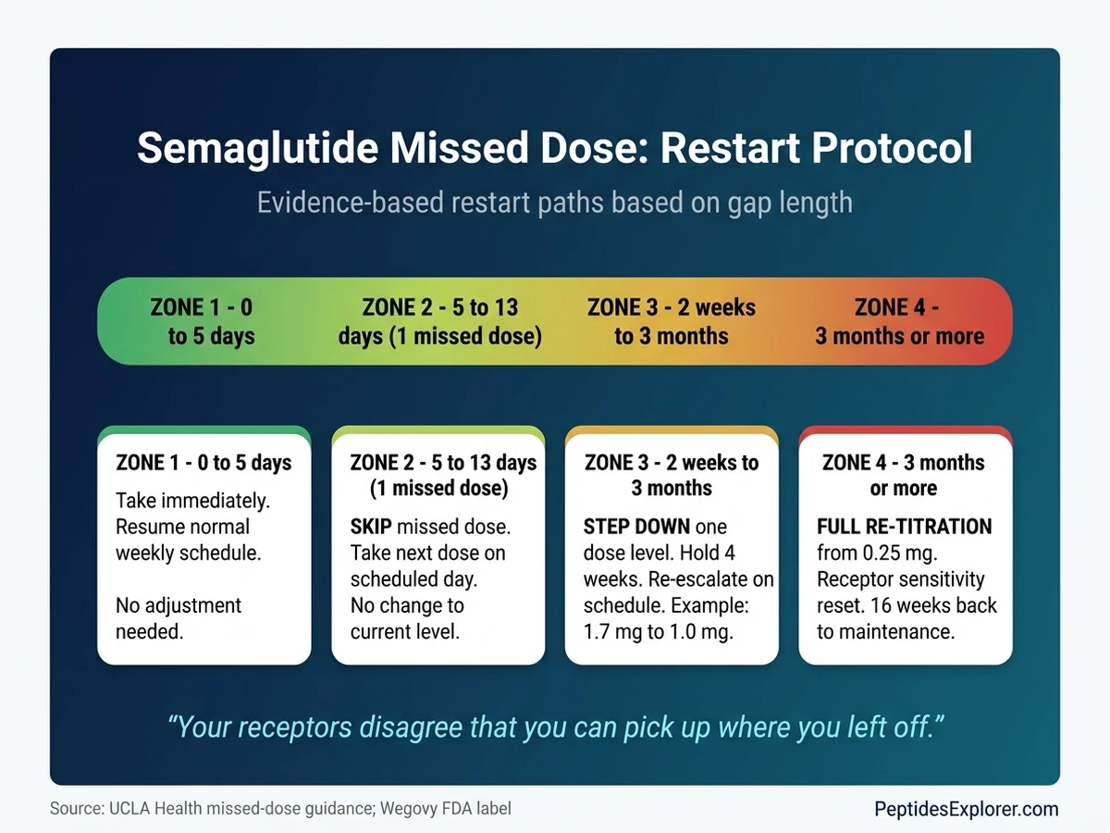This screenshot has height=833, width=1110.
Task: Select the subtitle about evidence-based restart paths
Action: pyautogui.click(x=554, y=202)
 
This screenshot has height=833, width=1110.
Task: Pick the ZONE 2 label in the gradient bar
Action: pyautogui.click(x=439, y=321)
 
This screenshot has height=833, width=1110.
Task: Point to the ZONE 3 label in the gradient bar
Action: pyautogui.click(x=671, y=321)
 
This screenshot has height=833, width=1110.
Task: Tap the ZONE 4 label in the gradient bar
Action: pyautogui.click(x=899, y=321)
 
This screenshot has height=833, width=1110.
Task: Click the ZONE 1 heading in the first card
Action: pyautogui.click(x=203, y=463)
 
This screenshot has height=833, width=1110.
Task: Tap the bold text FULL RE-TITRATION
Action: pyautogui.click(x=904, y=528)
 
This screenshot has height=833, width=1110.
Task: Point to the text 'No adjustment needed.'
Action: pyautogui.click(x=178, y=619)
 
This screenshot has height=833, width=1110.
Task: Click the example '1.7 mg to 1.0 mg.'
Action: pyautogui.click(x=658, y=633)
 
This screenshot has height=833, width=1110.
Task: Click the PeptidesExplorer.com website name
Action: pyautogui.click(x=966, y=809)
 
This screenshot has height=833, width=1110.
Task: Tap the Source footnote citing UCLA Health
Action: pyautogui.click(x=279, y=809)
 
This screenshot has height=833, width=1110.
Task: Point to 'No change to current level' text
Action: pyautogui.click(x=406, y=619)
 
